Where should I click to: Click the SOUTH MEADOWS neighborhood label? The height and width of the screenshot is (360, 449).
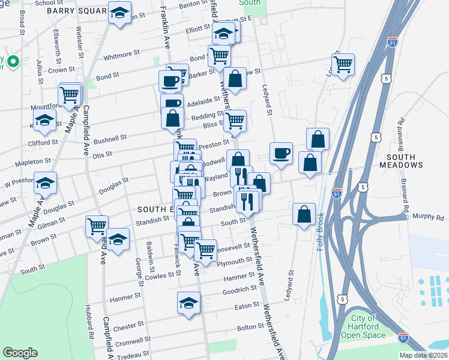(x=401, y=160)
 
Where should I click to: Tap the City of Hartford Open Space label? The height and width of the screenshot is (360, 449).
(x=364, y=326)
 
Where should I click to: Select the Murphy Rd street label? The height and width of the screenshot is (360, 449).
(x=431, y=217)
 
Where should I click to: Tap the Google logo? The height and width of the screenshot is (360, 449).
(x=20, y=353)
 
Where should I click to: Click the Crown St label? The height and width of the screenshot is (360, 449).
(x=61, y=70)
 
